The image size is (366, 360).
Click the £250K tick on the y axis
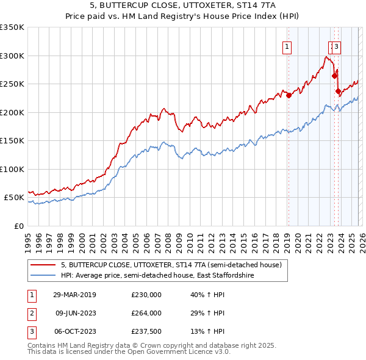(12, 84)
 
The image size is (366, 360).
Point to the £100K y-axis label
(12, 169)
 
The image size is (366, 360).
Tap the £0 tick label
(18, 226)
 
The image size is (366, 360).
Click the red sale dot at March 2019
(289, 95)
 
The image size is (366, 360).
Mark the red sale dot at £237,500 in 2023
(338, 91)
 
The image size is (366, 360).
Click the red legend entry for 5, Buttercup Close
(171, 265)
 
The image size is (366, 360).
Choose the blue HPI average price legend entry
(157, 276)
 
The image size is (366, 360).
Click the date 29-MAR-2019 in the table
(75, 295)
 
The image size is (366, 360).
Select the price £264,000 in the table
(146, 313)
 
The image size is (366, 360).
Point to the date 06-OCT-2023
(75, 331)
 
